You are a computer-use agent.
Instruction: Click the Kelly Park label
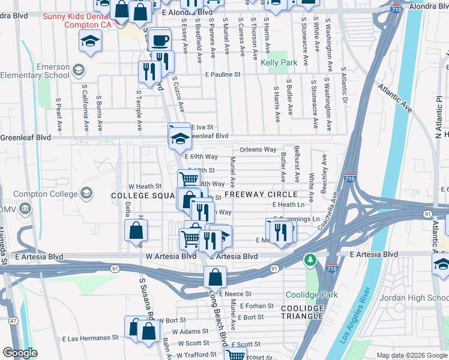click(279, 62)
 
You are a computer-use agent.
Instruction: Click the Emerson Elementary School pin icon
click(78, 71)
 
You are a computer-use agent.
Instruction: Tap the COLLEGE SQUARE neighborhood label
click(142, 196)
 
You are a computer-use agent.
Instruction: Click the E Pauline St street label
click(222, 75)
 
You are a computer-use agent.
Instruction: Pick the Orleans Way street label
click(258, 149)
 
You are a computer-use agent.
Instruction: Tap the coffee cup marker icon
click(160, 41)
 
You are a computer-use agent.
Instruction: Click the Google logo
click(20, 353)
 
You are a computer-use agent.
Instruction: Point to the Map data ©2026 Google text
click(411, 355)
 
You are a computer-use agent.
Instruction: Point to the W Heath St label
click(145, 187)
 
